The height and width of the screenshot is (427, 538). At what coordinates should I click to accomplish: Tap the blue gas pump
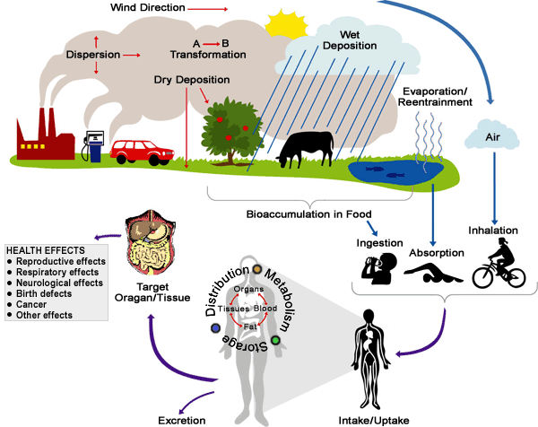pyautogui.click(x=92, y=144)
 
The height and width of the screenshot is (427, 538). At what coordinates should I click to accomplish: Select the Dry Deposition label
pyautogui.click(x=191, y=80)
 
